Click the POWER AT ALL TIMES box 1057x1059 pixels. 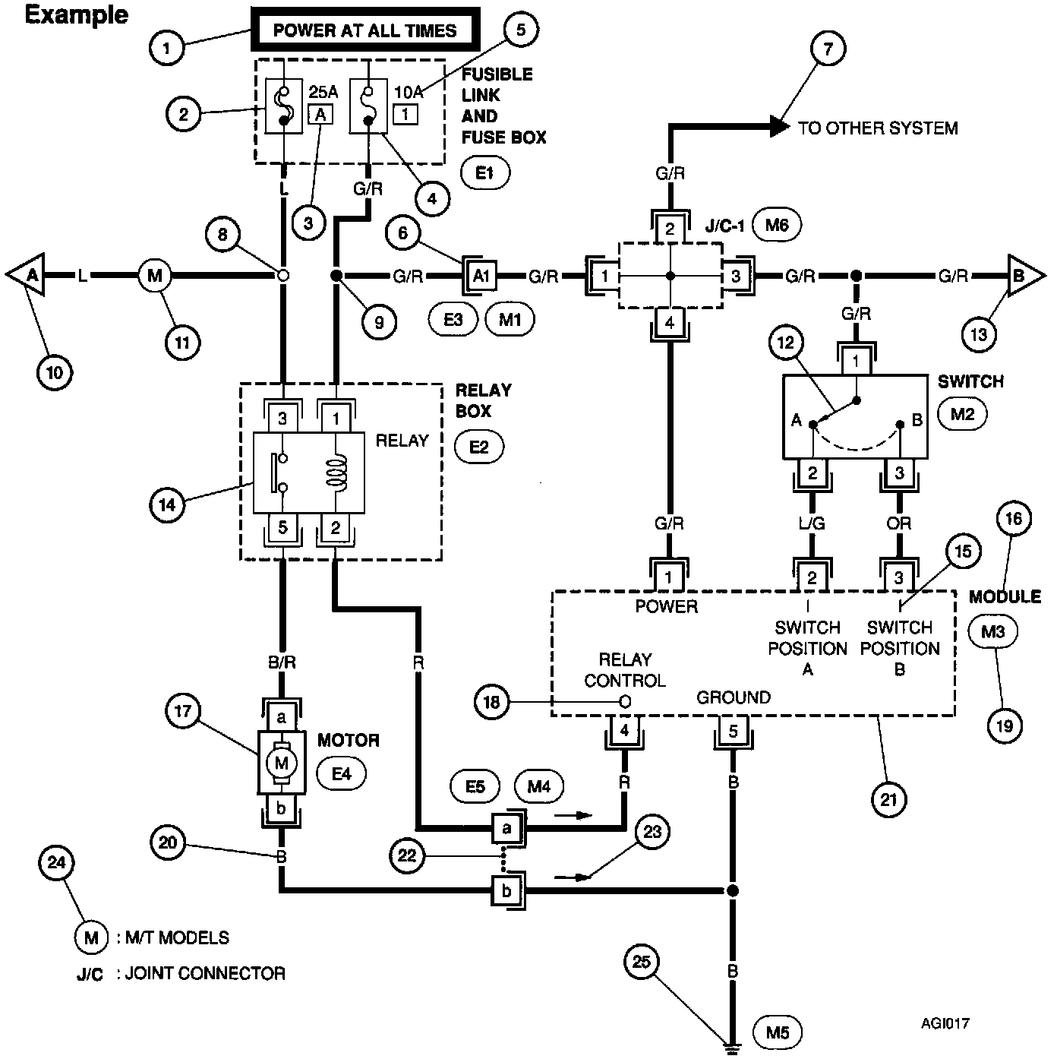[x=364, y=31]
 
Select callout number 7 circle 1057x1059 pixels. [x=828, y=49]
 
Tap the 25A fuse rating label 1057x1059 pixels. [x=323, y=92]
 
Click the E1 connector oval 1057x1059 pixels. [x=485, y=173]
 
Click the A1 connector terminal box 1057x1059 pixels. [x=481, y=276]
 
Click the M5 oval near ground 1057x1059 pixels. [x=778, y=1032]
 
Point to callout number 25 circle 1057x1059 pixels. [x=642, y=963]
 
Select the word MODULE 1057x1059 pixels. [x=1005, y=597]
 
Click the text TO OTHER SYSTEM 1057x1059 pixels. [x=877, y=128]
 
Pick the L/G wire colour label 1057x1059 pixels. [x=812, y=523]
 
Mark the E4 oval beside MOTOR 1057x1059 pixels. [x=341, y=774]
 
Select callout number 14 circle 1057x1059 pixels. [x=168, y=506]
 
